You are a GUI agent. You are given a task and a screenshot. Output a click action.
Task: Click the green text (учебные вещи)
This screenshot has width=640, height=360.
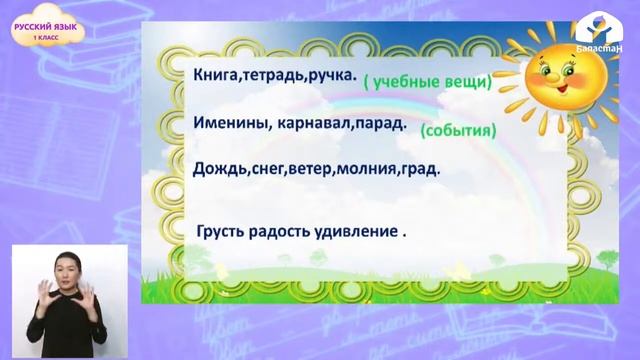point(427,83)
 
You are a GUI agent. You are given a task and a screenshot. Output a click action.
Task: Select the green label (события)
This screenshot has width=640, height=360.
point(457,130)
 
